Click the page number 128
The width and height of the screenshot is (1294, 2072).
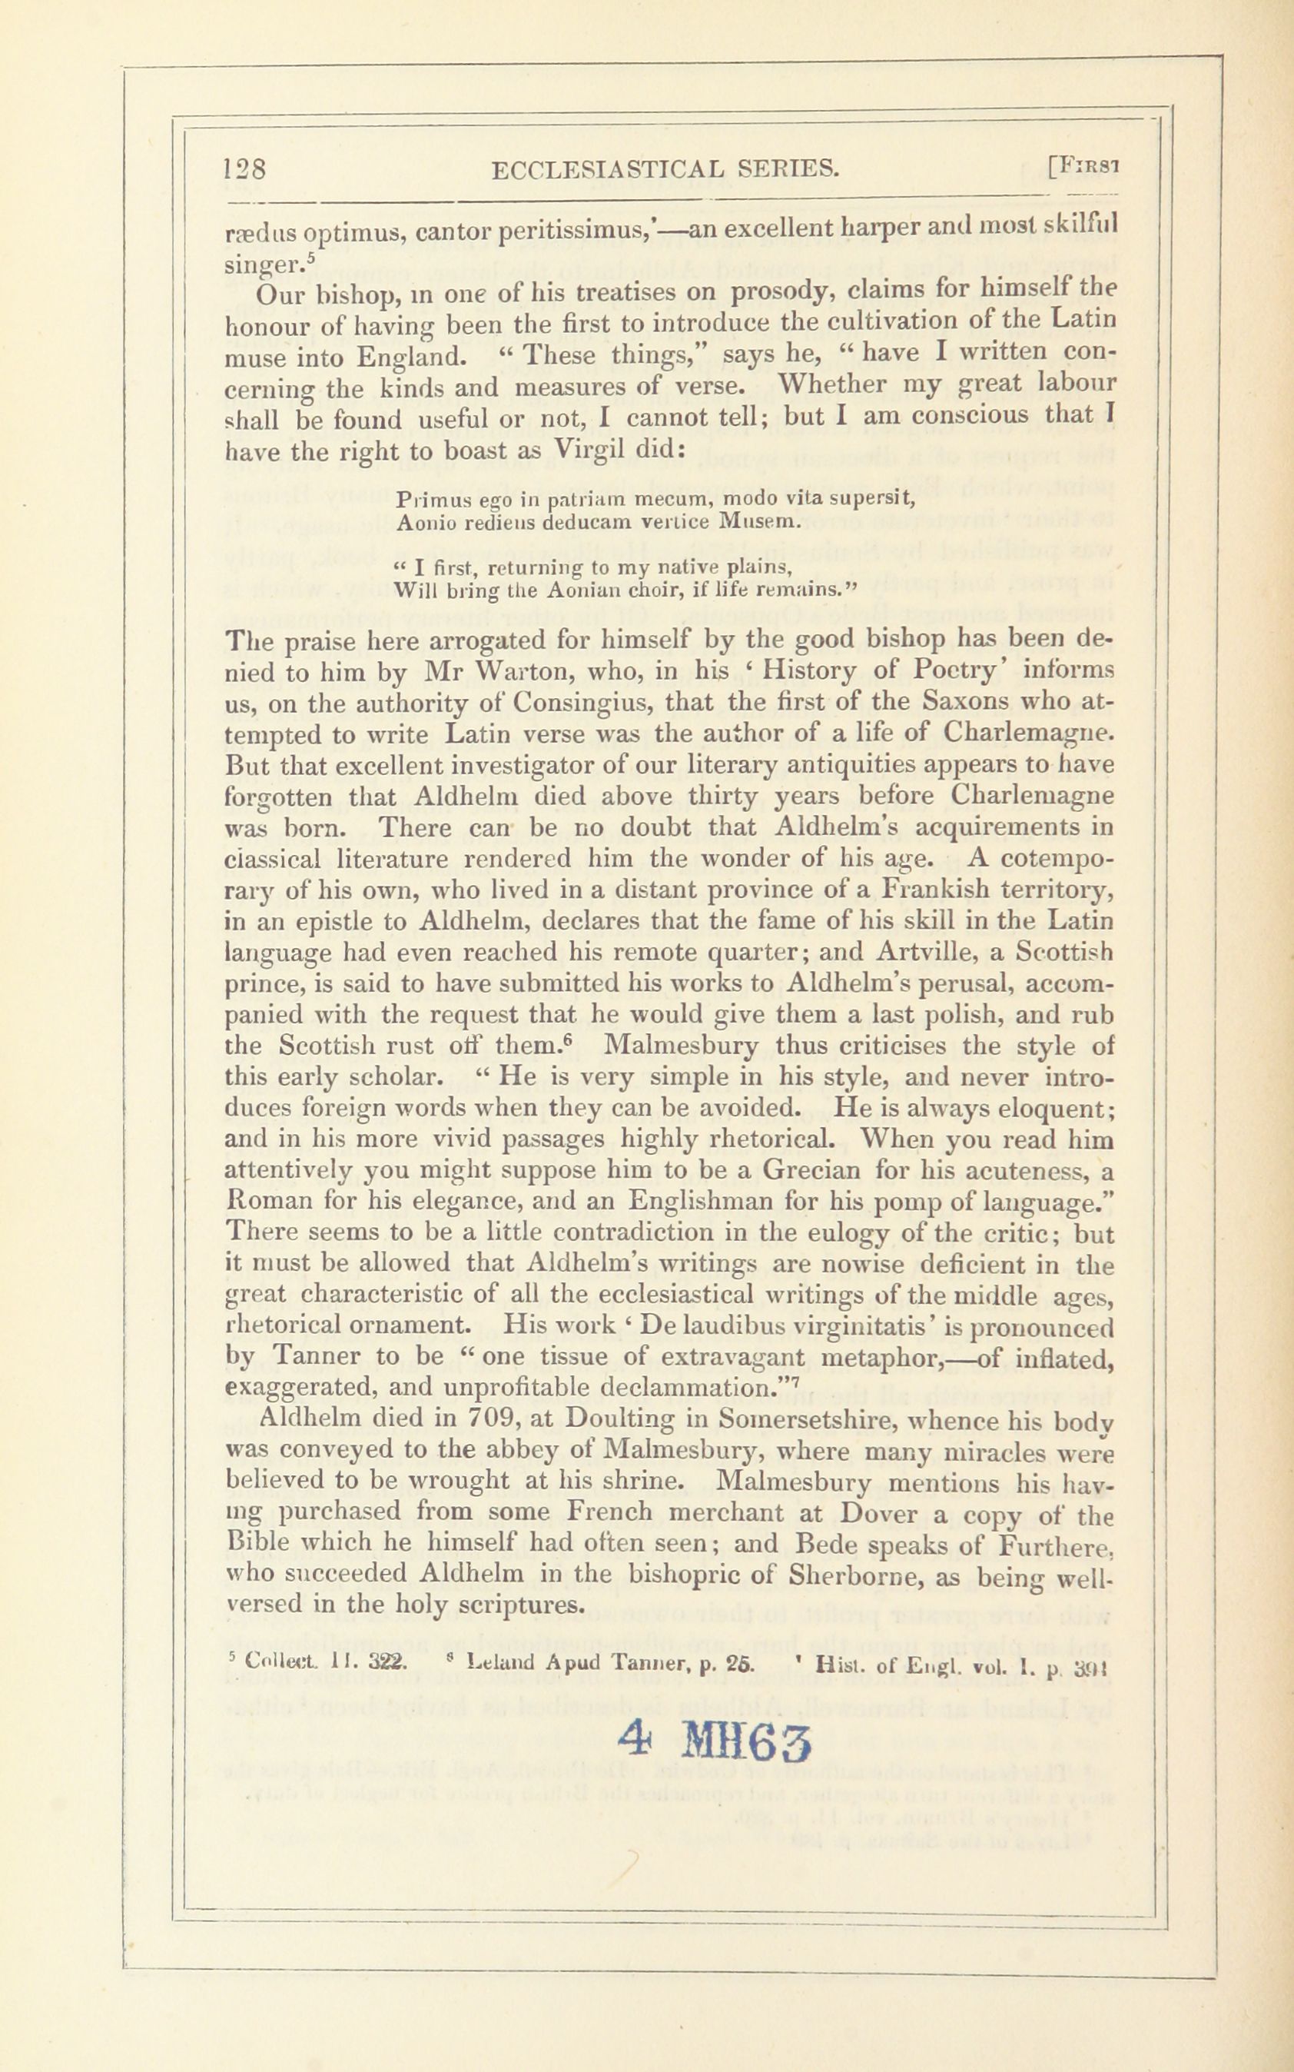[245, 168]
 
